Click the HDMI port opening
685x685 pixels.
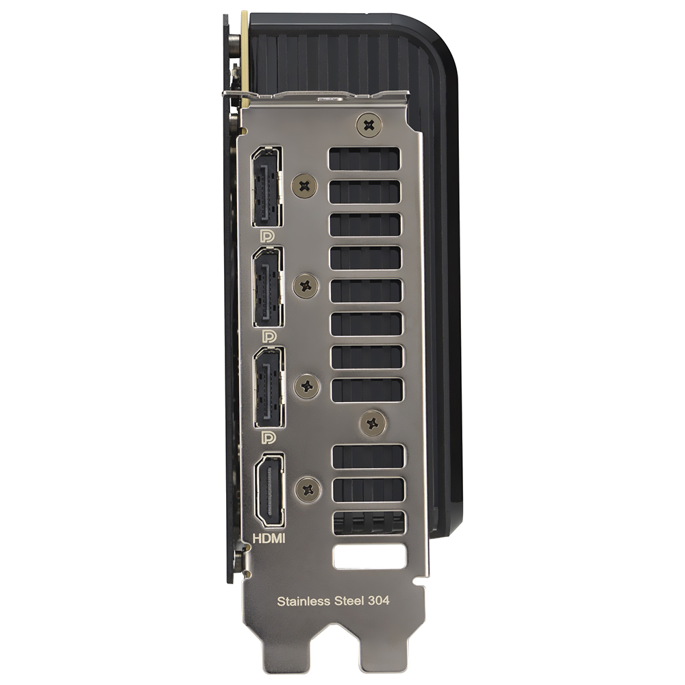pyautogui.click(x=270, y=490)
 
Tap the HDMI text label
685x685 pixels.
pyautogui.click(x=269, y=538)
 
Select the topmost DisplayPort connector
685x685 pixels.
pyautogui.click(x=266, y=186)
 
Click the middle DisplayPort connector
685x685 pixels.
pyautogui.click(x=268, y=286)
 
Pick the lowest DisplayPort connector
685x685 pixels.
pyautogui.click(x=269, y=387)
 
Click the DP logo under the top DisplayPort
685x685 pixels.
pyautogui.click(x=267, y=237)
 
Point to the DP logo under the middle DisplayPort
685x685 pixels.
pyautogui.click(x=269, y=336)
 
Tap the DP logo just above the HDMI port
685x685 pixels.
pyautogui.click(x=269, y=437)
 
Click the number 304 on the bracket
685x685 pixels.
pyautogui.click(x=378, y=600)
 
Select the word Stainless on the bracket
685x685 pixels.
pyautogui.click(x=303, y=601)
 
